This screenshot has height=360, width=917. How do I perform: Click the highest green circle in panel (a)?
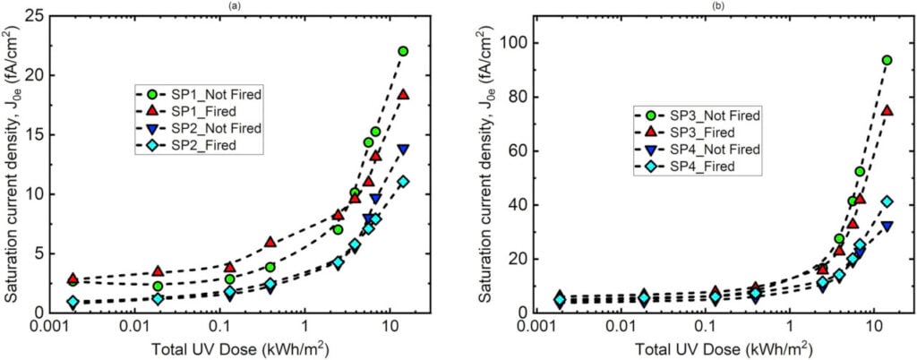(x=403, y=51)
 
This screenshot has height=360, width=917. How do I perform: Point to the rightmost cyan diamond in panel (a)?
(x=403, y=181)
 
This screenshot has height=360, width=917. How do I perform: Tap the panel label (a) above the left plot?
(x=231, y=5)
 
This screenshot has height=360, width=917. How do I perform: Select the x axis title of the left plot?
(x=232, y=347)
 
